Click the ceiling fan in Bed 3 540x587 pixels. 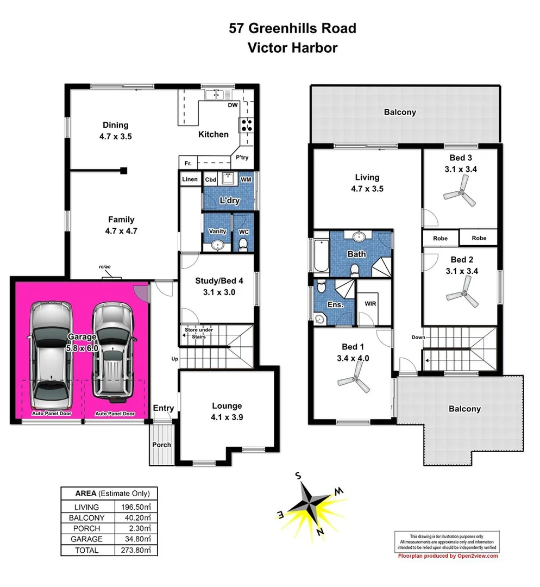460,192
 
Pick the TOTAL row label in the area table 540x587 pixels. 87,550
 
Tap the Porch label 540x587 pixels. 161,445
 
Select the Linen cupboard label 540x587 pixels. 190,179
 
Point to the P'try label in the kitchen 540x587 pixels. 242,158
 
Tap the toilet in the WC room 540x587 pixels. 243,244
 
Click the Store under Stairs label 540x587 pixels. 199,333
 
